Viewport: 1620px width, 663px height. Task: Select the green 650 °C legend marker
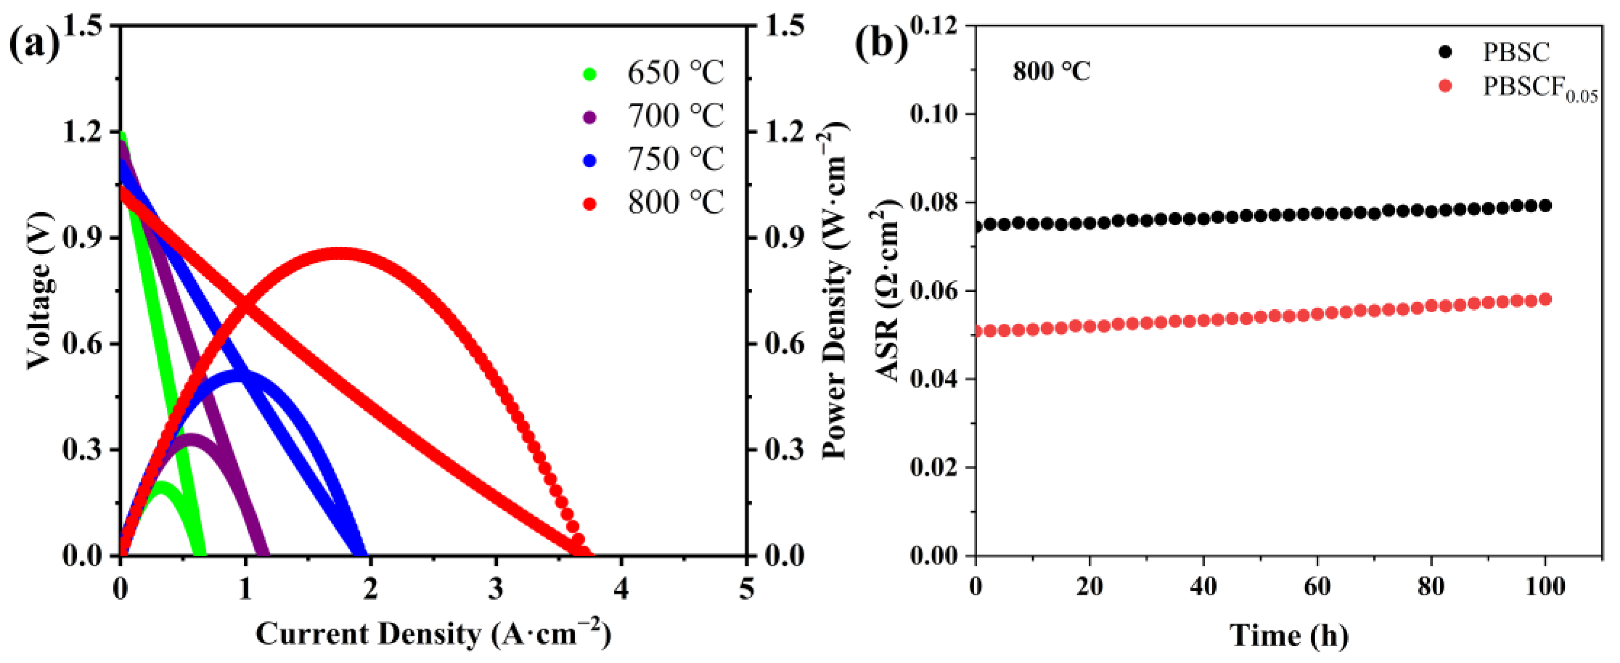589,73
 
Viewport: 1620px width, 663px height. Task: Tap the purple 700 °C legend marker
589,117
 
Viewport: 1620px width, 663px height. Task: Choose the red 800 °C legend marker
589,203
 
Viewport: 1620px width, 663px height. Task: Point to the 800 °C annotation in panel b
1051,72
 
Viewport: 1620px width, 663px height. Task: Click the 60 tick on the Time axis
1317,587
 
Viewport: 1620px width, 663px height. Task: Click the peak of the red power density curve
340,254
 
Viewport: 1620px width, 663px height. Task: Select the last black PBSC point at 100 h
1545,205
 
